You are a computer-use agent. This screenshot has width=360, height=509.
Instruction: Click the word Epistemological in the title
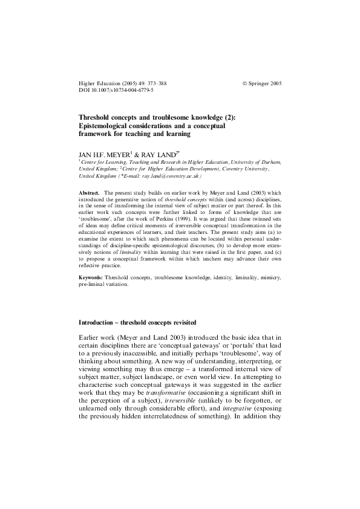click(x=108, y=125)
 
